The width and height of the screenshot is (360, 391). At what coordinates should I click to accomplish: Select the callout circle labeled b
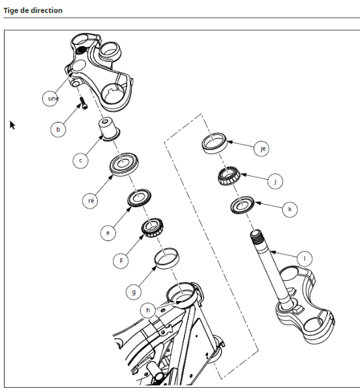tap(59, 130)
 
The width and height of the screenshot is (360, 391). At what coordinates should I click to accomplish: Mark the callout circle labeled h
tap(148, 310)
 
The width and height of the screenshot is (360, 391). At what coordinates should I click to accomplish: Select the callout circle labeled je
tap(263, 149)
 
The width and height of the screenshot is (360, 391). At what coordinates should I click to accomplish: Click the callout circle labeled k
tap(289, 209)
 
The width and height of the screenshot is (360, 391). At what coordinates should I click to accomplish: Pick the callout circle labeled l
tap(303, 258)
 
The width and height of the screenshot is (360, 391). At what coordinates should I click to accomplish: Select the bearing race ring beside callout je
tap(215, 143)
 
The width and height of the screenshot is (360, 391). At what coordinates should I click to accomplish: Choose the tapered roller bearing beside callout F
tap(153, 229)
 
